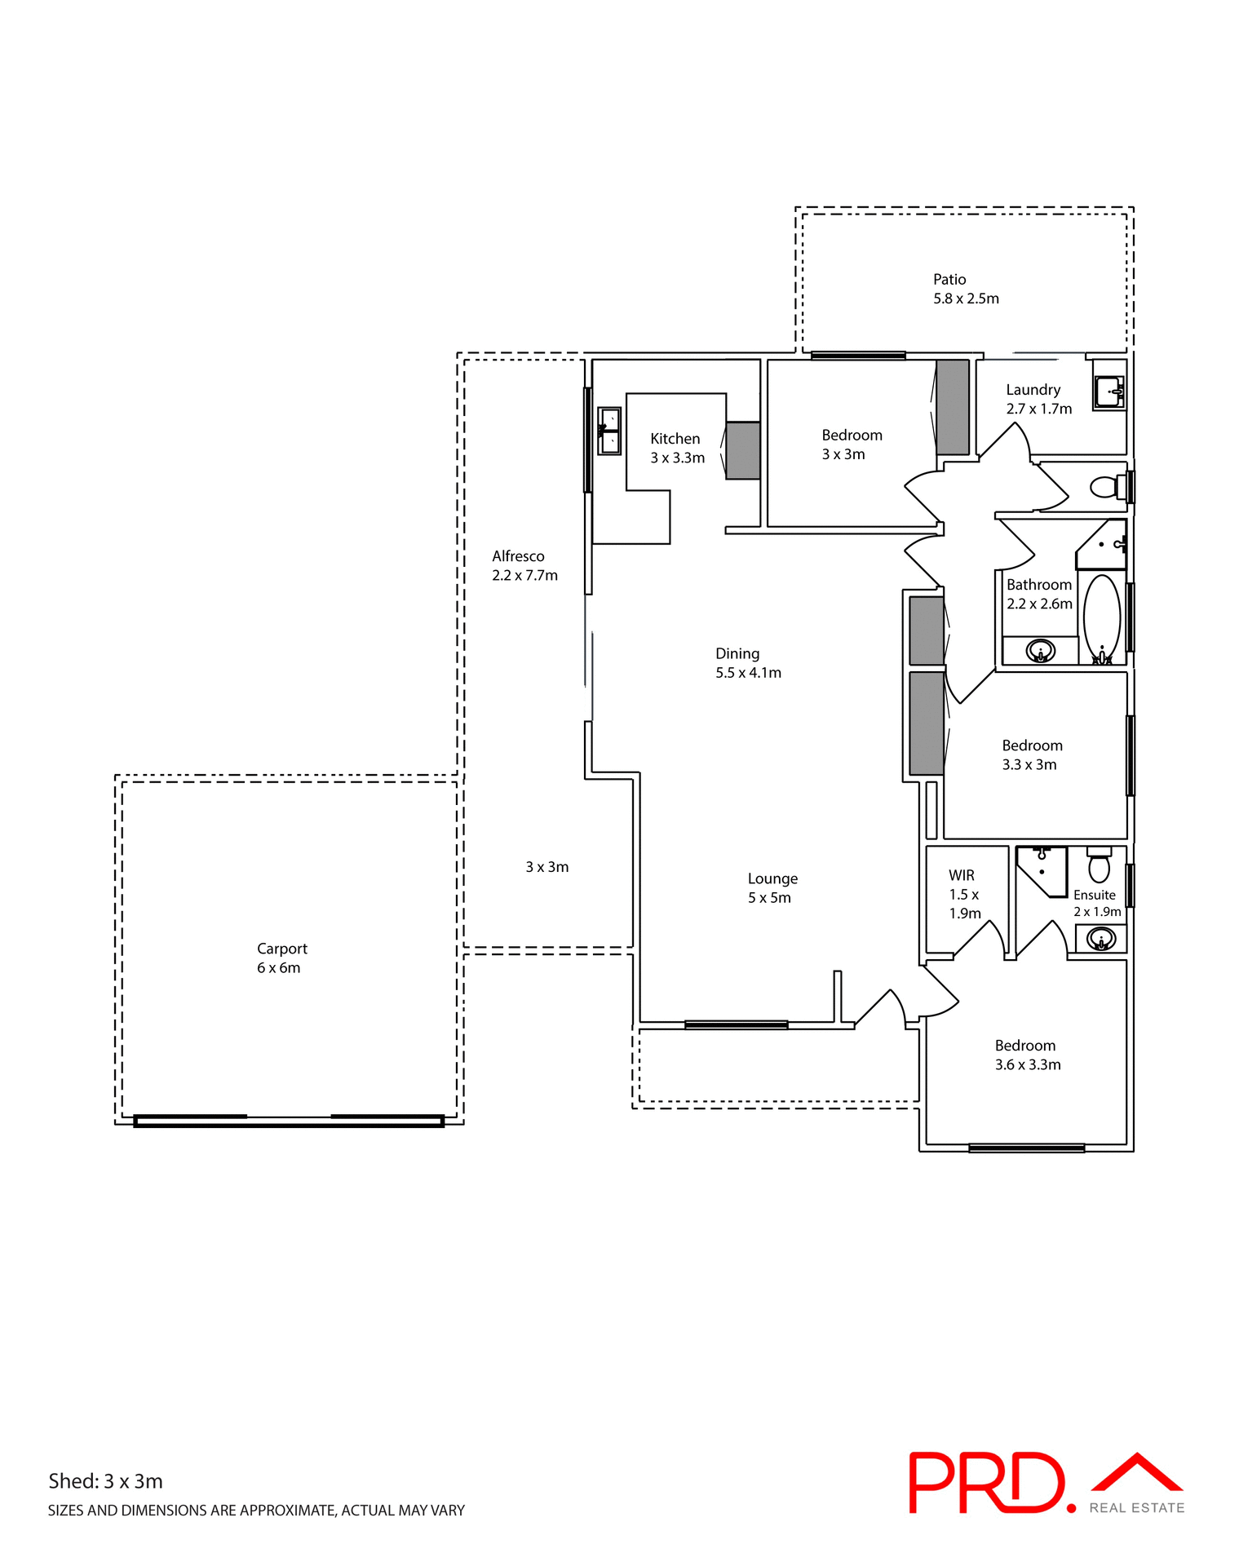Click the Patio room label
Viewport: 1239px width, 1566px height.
[949, 280]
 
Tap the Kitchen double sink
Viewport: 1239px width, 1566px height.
[609, 431]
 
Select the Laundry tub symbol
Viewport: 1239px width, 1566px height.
[1109, 391]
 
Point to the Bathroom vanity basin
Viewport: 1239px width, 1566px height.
[1041, 651]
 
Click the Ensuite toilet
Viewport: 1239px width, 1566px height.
[1100, 865]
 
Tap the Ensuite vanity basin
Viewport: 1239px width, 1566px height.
[1102, 939]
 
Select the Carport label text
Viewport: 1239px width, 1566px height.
[281, 949]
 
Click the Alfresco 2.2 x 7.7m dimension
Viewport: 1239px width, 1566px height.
[524, 576]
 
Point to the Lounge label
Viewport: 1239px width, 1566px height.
[772, 878]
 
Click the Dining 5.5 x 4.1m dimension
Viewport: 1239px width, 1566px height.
[748, 673]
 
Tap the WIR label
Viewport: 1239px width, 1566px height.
[962, 875]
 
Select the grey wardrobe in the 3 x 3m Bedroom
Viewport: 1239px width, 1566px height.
[952, 407]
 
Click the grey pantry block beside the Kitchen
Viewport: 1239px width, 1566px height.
[743, 450]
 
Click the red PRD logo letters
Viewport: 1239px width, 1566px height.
[986, 1483]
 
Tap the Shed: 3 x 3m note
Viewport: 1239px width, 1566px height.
[105, 1481]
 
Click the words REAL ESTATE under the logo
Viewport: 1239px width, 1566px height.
[1136, 1508]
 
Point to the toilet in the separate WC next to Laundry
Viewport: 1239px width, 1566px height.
[1106, 488]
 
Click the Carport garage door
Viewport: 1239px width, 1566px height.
[289, 1121]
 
